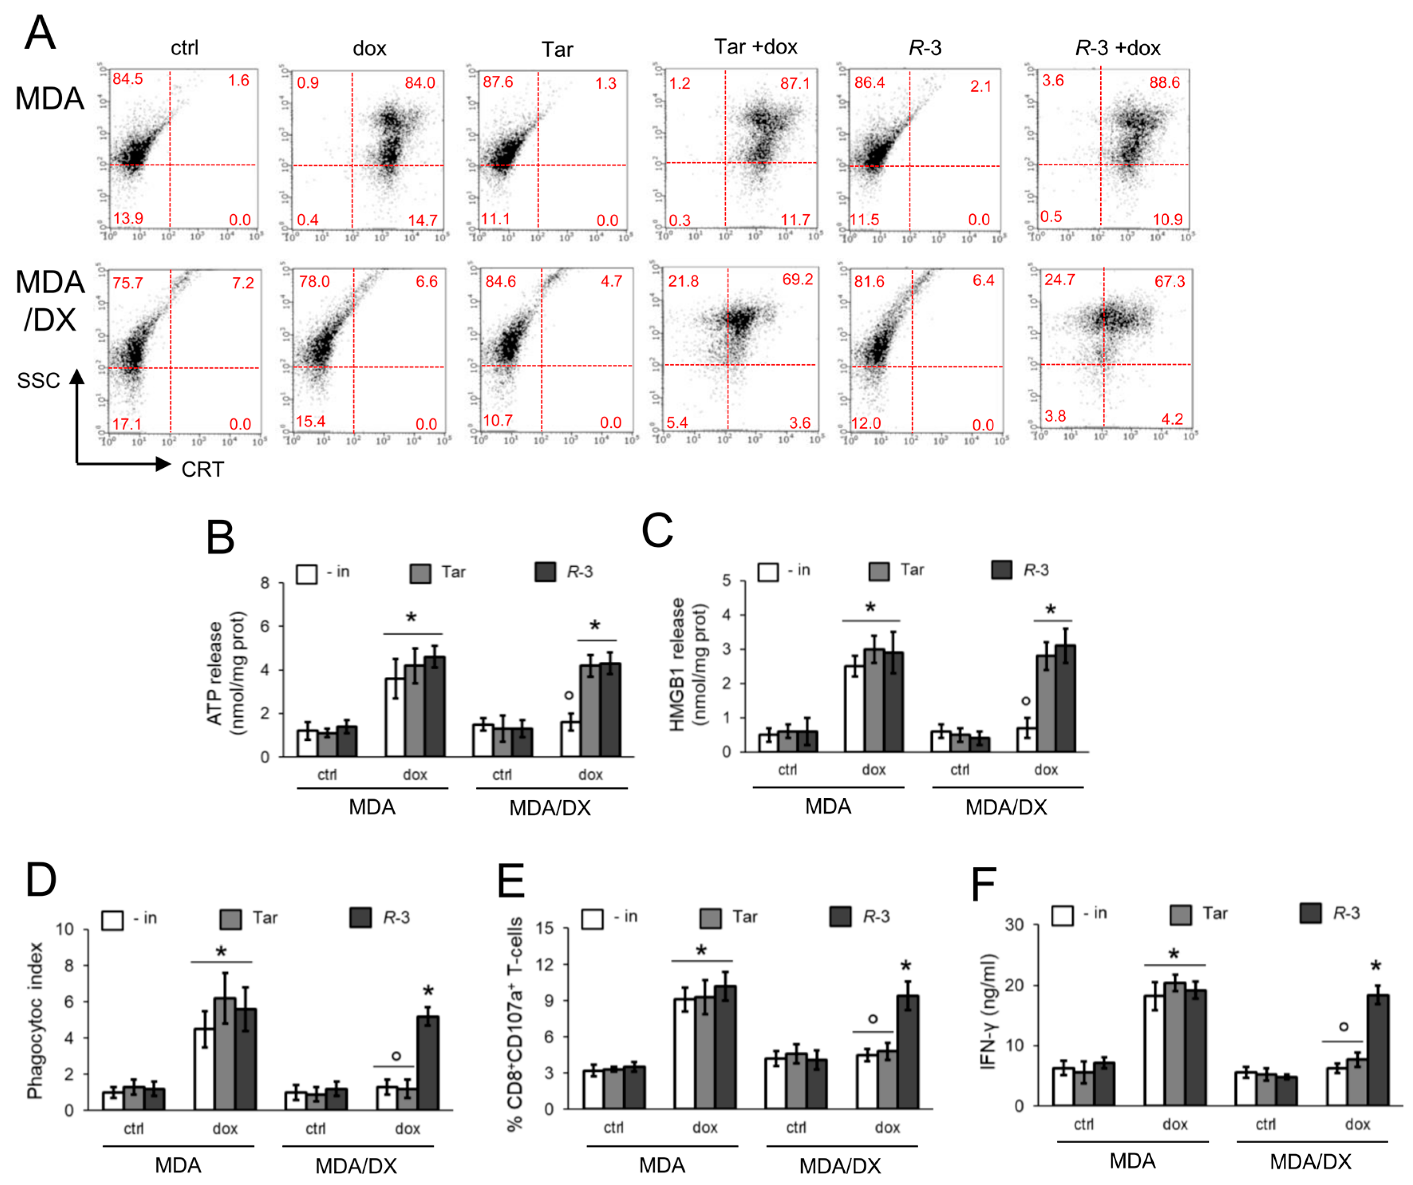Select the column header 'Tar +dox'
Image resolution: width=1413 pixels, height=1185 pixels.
pos(756,47)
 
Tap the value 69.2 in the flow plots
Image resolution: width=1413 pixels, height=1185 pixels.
pos(797,279)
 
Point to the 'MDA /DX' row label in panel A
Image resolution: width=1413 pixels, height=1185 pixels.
pos(50,301)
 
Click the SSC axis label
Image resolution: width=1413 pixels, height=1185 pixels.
pos(38,381)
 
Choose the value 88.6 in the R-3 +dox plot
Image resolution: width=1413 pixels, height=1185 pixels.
pos(1165,83)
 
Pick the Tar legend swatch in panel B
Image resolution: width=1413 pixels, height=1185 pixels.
pos(420,574)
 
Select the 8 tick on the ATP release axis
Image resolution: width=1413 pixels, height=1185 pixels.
pos(265,583)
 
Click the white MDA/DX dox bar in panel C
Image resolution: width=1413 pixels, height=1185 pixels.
pos(1026,739)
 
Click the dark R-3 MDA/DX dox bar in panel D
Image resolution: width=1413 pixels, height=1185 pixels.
pos(428,1063)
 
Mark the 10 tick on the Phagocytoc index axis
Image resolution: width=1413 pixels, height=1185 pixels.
pos(65,930)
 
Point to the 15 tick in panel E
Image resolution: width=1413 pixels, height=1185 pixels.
pos(545,928)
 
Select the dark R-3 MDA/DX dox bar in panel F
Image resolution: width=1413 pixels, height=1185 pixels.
pos(1378,1050)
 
